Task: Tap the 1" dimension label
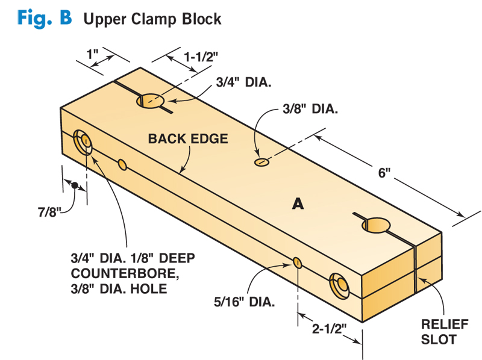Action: click(92, 54)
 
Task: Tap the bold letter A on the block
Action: click(297, 205)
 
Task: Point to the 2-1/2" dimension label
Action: click(328, 329)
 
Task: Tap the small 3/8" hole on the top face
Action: click(262, 162)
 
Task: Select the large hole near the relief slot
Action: click(375, 225)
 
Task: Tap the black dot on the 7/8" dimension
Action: click(75, 185)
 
